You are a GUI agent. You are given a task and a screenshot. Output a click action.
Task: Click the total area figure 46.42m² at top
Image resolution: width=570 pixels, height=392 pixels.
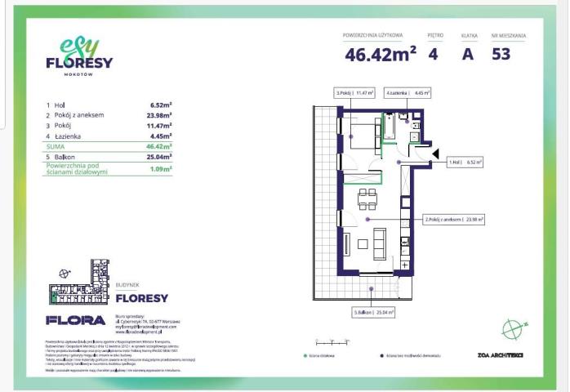pos(381,55)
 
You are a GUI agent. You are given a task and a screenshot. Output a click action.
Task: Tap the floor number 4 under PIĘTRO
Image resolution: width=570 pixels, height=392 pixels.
pos(433,55)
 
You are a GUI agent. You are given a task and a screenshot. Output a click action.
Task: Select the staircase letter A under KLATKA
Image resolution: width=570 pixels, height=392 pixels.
pos(468,55)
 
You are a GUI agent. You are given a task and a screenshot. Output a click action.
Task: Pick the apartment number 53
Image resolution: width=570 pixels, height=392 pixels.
pos(501,55)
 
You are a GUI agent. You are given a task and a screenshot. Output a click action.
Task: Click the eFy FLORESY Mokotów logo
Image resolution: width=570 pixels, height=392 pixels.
pos(79,58)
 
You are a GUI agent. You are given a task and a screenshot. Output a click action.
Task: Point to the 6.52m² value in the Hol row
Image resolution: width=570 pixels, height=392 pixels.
pos(161,105)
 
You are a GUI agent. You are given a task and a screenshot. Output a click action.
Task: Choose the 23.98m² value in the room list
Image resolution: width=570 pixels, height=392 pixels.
pos(159,115)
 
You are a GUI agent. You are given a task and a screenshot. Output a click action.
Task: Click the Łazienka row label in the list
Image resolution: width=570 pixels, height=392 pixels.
pos(69,136)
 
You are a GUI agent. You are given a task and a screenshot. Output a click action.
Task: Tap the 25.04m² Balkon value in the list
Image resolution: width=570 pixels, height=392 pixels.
pos(159,155)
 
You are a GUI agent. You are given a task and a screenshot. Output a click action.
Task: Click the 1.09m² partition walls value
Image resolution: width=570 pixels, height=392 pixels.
pos(161,169)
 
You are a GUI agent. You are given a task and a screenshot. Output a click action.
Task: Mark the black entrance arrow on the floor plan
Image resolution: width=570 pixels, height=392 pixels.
pos(436,153)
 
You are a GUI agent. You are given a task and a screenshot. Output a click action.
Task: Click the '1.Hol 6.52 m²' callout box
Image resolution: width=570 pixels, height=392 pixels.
pos(465,163)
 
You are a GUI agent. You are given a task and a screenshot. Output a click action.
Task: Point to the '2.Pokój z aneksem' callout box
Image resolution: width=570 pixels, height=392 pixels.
pos(453,220)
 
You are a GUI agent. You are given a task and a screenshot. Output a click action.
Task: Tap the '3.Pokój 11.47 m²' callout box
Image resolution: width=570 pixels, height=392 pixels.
pos(354,93)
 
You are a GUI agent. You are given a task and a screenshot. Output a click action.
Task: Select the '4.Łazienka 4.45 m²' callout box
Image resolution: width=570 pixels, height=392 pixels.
pos(407,93)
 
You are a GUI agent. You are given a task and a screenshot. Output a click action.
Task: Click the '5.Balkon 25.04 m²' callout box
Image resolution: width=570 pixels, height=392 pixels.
pos(373,312)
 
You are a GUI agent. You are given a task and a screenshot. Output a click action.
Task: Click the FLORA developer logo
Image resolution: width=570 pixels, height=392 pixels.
pos(75,320)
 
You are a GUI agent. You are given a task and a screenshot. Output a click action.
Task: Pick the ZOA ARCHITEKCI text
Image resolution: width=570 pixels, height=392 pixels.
pos(500,355)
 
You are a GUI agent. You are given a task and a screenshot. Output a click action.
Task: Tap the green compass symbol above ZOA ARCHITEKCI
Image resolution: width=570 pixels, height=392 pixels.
pos(511,330)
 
